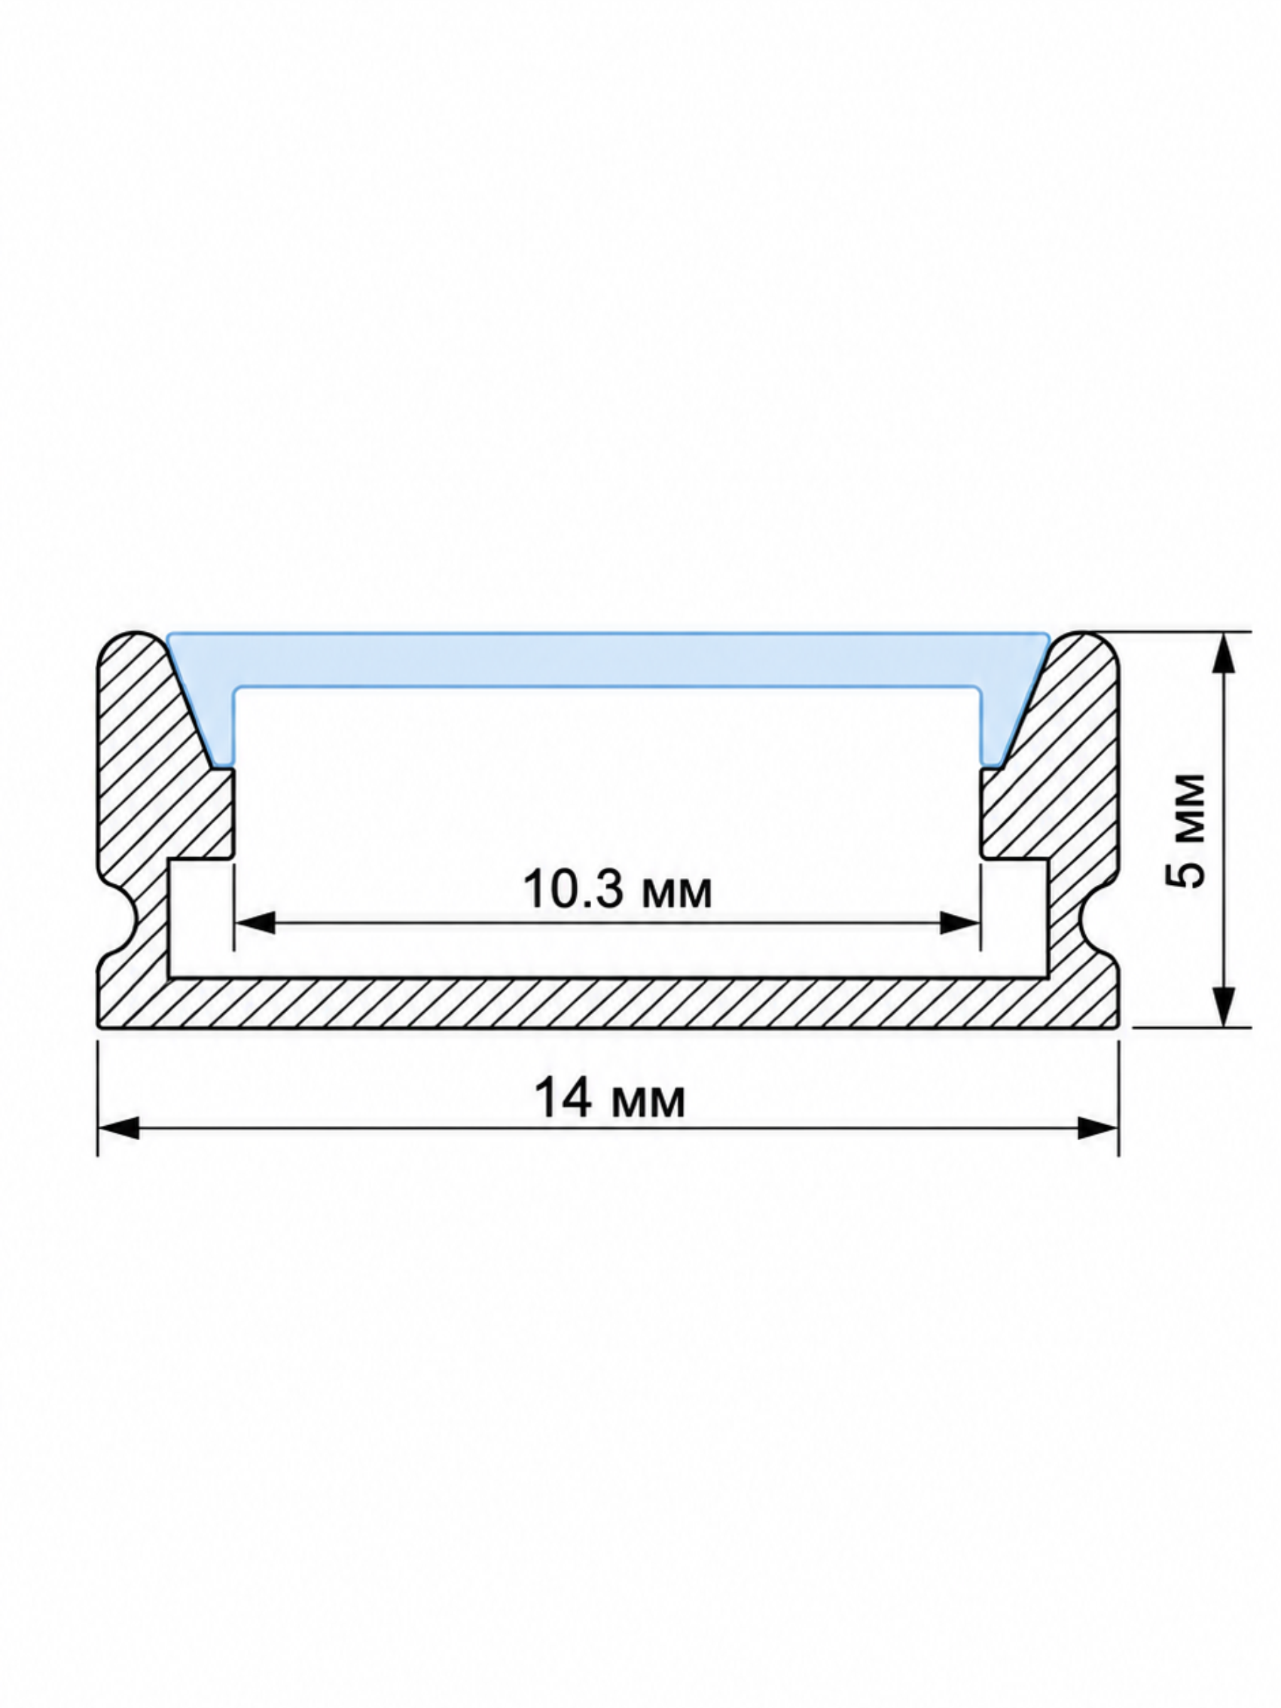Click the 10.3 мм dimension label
(617, 889)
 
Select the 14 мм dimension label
(609, 1099)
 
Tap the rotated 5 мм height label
(1185, 830)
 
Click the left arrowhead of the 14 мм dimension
(119, 1128)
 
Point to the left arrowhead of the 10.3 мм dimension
(255, 922)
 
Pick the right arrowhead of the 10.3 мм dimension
(960, 922)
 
